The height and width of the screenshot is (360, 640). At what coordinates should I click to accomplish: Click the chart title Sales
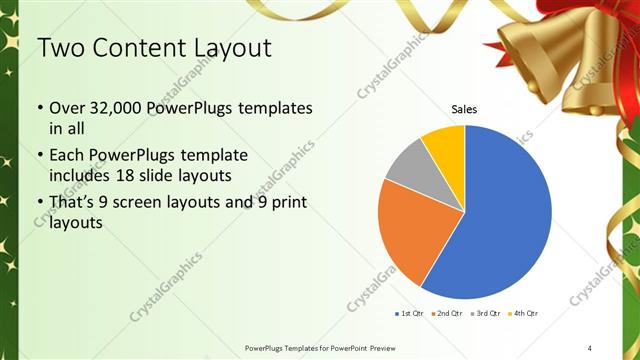[x=464, y=109]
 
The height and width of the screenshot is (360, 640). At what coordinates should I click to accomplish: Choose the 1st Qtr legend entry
[x=410, y=314]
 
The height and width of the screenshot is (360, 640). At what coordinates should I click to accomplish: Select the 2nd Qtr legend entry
[x=445, y=314]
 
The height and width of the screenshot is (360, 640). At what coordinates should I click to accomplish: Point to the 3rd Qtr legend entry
[x=485, y=314]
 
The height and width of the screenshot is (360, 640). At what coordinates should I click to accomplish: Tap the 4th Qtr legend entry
[x=523, y=314]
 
